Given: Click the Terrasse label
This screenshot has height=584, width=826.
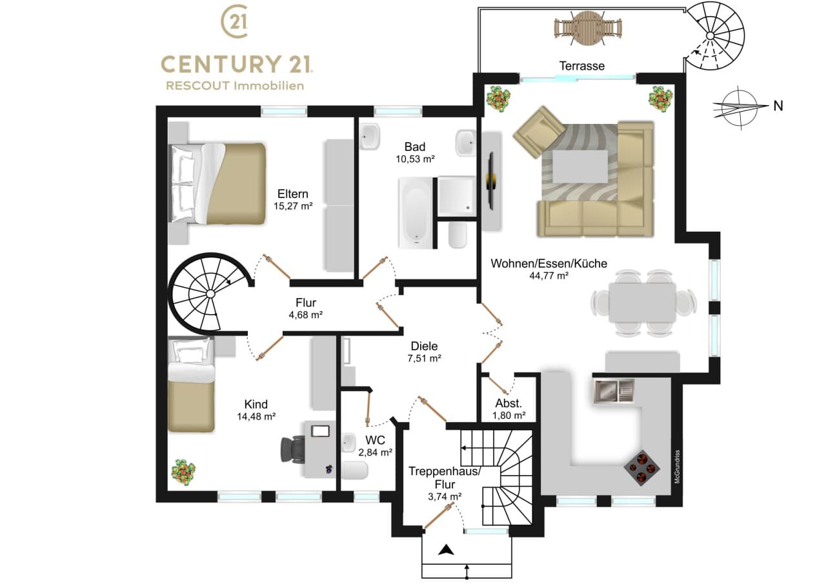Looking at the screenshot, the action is [x=582, y=66].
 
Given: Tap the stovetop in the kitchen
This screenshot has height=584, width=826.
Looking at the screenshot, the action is [x=642, y=467].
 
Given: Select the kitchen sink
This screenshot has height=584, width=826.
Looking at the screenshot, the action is [x=614, y=391].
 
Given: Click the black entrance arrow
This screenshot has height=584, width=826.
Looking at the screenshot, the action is [x=446, y=559].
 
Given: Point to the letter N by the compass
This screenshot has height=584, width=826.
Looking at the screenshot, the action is [x=778, y=106].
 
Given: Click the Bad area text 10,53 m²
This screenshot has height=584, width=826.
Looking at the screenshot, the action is [x=415, y=159].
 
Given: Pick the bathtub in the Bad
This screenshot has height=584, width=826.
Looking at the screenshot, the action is [x=416, y=213].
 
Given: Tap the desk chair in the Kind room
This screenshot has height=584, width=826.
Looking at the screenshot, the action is [x=293, y=450].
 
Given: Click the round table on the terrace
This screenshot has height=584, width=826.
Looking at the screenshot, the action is [x=588, y=28].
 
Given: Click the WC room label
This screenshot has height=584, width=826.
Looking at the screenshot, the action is [x=375, y=440].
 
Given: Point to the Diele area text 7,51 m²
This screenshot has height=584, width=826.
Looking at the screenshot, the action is [x=425, y=358].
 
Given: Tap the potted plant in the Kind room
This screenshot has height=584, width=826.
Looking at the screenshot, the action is [x=183, y=471].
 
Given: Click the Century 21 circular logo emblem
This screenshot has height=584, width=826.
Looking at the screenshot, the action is [x=235, y=21].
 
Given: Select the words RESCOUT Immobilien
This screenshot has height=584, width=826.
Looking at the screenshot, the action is [x=235, y=86].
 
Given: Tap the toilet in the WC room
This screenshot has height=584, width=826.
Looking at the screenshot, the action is [x=354, y=470].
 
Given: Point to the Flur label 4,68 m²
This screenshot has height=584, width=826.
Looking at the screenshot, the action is [x=306, y=315].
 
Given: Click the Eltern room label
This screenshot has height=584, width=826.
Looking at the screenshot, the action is [x=293, y=194].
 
